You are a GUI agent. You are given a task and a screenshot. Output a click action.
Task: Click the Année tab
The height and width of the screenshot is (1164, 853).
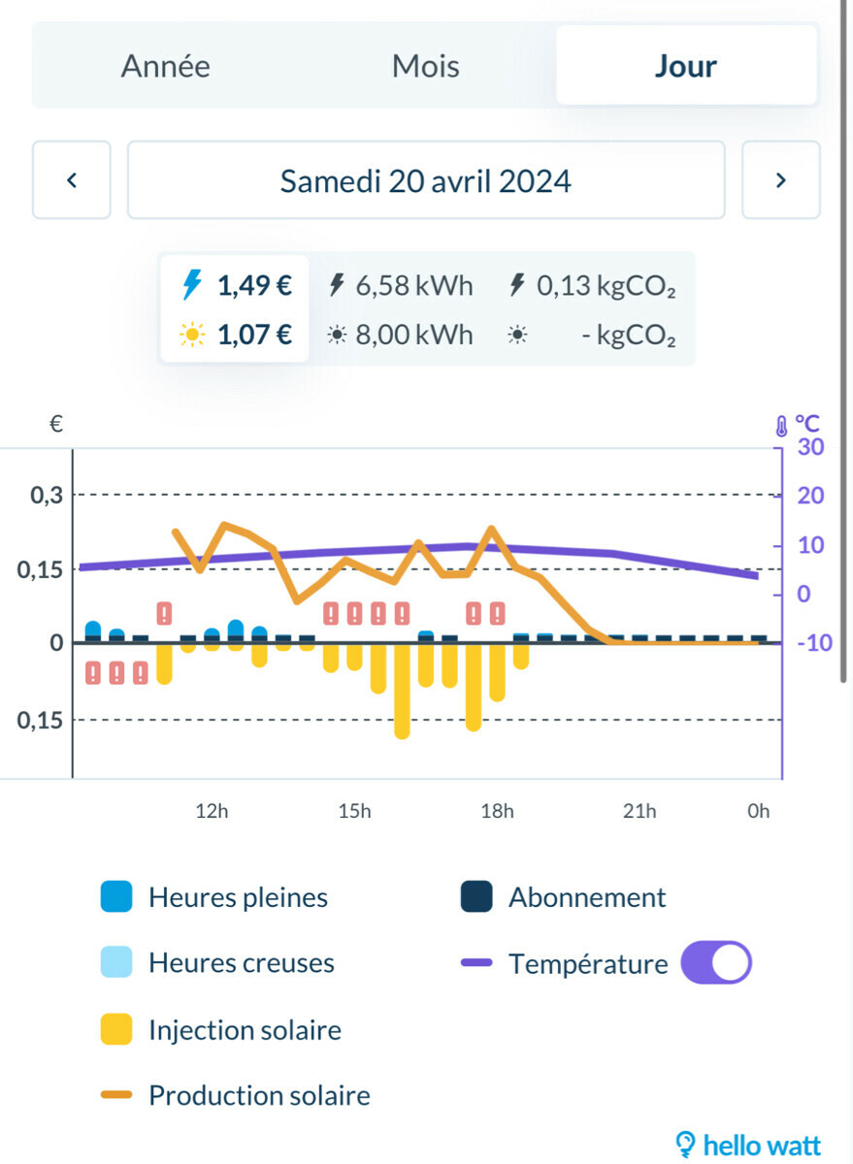click(x=165, y=67)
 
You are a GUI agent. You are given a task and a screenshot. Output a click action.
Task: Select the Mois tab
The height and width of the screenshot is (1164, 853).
click(x=425, y=67)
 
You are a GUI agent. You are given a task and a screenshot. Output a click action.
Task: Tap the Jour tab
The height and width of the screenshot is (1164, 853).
click(x=685, y=67)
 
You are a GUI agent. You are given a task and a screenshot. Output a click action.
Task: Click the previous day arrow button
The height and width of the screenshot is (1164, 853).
click(x=71, y=180)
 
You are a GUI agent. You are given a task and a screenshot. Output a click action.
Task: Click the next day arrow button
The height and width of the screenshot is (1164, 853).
click(x=780, y=180)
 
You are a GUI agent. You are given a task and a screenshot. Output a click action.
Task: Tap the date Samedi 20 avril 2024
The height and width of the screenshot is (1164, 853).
click(x=425, y=181)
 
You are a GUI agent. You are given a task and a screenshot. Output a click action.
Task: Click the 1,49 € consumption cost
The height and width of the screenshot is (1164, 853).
click(x=254, y=286)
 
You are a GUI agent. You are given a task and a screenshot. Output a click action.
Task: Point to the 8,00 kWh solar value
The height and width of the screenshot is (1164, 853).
click(x=414, y=336)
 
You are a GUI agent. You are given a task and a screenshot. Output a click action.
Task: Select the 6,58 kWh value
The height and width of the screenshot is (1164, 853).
click(x=414, y=286)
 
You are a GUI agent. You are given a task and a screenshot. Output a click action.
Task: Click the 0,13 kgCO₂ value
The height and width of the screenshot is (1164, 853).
click(x=606, y=286)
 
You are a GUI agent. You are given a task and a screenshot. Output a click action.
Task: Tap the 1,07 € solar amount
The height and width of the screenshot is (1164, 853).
click(x=254, y=336)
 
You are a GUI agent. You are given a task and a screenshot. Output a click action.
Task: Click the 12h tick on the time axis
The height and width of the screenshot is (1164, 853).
click(x=212, y=811)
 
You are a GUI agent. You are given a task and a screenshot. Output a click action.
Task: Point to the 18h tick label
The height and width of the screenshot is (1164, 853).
click(x=497, y=811)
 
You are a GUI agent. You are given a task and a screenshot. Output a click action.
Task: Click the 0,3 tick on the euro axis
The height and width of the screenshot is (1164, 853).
click(x=47, y=496)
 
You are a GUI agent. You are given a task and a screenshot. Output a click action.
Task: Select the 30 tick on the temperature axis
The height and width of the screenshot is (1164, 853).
click(x=809, y=447)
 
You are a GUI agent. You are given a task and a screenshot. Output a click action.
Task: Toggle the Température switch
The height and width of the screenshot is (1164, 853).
click(x=716, y=963)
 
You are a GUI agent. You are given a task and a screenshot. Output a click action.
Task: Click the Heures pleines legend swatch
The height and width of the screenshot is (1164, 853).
click(x=116, y=897)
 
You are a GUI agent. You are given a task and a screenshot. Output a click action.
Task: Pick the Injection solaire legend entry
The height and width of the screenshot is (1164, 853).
click(x=245, y=1029)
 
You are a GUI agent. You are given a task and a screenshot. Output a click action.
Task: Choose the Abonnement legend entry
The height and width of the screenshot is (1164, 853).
click(x=586, y=897)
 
